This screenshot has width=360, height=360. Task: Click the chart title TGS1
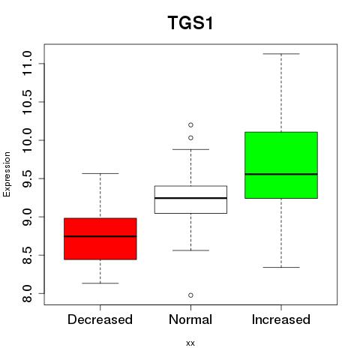[x=190, y=23]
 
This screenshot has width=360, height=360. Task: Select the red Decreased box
[x=100, y=238]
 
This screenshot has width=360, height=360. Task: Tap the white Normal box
[x=190, y=199]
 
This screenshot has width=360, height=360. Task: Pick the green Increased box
[x=281, y=165]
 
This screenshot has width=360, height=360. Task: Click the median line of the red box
[x=100, y=236]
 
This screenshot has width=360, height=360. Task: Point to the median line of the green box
[x=281, y=174]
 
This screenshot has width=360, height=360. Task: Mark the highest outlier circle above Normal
[x=190, y=124]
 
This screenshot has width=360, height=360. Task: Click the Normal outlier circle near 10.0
[x=190, y=138]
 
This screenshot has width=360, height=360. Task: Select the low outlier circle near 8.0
[x=190, y=295]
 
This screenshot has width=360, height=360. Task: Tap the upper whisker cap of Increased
[x=281, y=54]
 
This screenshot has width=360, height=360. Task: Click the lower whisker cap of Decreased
[x=100, y=283]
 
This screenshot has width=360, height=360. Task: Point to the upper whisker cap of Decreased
[x=100, y=173]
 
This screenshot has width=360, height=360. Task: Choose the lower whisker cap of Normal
[x=190, y=250]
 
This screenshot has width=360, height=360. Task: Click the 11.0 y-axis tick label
[x=27, y=64]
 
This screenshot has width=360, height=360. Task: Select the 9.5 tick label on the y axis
[x=27, y=178]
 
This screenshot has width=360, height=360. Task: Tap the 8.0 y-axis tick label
[x=27, y=293]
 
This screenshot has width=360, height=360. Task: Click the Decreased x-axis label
[x=100, y=319]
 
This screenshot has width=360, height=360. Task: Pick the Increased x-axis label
[x=281, y=319]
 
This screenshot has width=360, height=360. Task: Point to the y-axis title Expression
[x=7, y=174]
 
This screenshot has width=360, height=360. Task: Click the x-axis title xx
[x=190, y=343]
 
